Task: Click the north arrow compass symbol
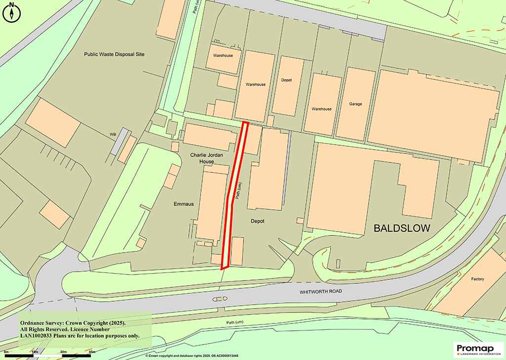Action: pyautogui.click(x=11, y=12)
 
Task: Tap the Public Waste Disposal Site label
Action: pyautogui.click(x=114, y=54)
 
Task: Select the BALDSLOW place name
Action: pyautogui.click(x=402, y=228)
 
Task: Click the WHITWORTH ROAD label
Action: pyautogui.click(x=321, y=292)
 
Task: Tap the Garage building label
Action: pyautogui.click(x=355, y=104)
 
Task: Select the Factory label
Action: pyautogui.click(x=477, y=279)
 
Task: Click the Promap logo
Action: pyautogui.click(x=477, y=349)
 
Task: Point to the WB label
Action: pyautogui.click(x=113, y=134)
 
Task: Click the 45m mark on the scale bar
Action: pyautogui.click(x=91, y=351)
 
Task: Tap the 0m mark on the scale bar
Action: pyautogui.click(x=6, y=351)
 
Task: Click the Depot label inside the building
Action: pyautogui.click(x=287, y=80)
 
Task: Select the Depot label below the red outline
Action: pyautogui.click(x=257, y=221)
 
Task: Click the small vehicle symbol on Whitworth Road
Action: pyautogui.click(x=219, y=299)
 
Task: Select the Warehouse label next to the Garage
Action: pyautogui.click(x=321, y=109)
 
